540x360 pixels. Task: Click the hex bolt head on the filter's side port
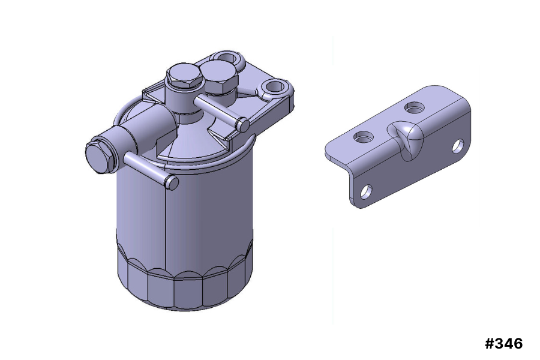(x=98, y=157)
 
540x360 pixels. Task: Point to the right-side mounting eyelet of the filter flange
(x=276, y=88)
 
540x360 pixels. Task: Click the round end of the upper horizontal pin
(x=242, y=125)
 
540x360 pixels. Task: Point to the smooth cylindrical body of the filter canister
(x=204, y=210)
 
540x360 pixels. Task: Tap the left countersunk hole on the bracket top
(x=364, y=137)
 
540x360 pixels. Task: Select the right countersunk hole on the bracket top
(x=413, y=108)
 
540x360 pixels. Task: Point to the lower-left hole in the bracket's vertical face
(x=365, y=192)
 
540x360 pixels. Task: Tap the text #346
(x=503, y=344)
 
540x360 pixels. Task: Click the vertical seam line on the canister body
(x=165, y=228)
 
